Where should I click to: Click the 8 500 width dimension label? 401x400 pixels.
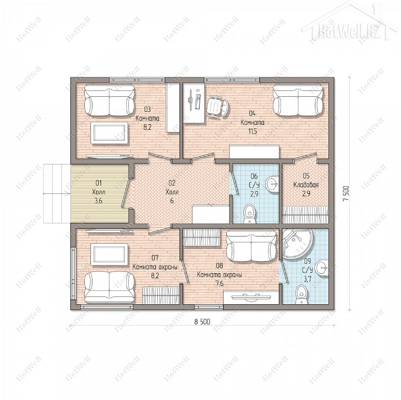202,322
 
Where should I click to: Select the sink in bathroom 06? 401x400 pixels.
271,183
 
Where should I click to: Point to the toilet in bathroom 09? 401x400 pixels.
301,295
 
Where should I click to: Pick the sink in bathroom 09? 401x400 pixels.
322,268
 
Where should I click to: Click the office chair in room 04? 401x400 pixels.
217,106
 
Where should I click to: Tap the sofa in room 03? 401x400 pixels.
109,101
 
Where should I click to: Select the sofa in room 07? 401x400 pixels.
109,287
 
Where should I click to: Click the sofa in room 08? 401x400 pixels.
252,246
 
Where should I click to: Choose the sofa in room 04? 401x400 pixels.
298,101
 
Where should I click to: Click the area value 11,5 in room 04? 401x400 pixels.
252,131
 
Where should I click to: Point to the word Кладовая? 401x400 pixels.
306,185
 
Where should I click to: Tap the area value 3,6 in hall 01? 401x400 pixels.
99,201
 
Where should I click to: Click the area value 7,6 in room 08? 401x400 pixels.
220,283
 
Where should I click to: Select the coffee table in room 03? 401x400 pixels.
109,133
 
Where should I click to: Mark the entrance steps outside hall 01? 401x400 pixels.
57,193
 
